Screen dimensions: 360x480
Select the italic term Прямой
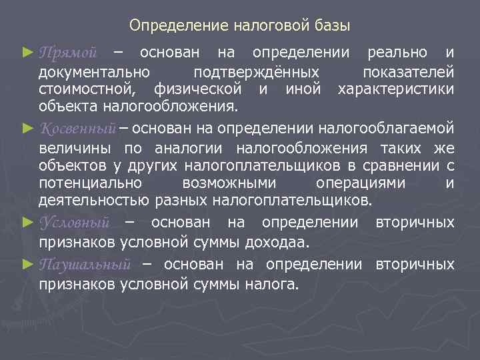69,52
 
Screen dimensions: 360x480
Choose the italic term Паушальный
84,264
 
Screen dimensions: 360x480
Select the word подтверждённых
255,71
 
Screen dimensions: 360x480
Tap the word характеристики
397,89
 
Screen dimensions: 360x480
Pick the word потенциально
90,182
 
